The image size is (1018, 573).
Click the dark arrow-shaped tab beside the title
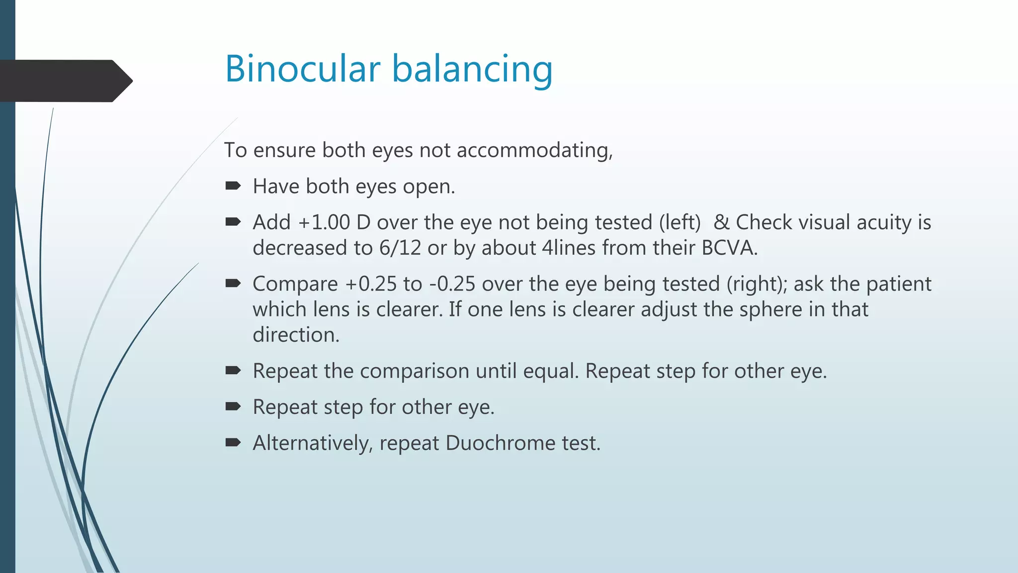[65, 81]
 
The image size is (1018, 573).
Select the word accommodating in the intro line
[534, 150]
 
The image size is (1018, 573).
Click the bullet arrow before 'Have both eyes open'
[233, 186]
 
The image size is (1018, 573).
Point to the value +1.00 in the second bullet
[324, 222]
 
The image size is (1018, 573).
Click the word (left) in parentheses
[679, 222]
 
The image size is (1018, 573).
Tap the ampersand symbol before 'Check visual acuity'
[721, 222]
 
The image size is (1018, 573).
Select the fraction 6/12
[400, 248]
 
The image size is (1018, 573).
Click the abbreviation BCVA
[729, 248]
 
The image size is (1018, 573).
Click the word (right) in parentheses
[757, 284]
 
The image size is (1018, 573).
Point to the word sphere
[770, 309]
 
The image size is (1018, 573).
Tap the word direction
[296, 335]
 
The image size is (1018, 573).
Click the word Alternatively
[313, 443]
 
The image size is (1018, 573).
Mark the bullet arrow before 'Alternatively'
[233, 442]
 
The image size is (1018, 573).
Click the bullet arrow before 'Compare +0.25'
[233, 284]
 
